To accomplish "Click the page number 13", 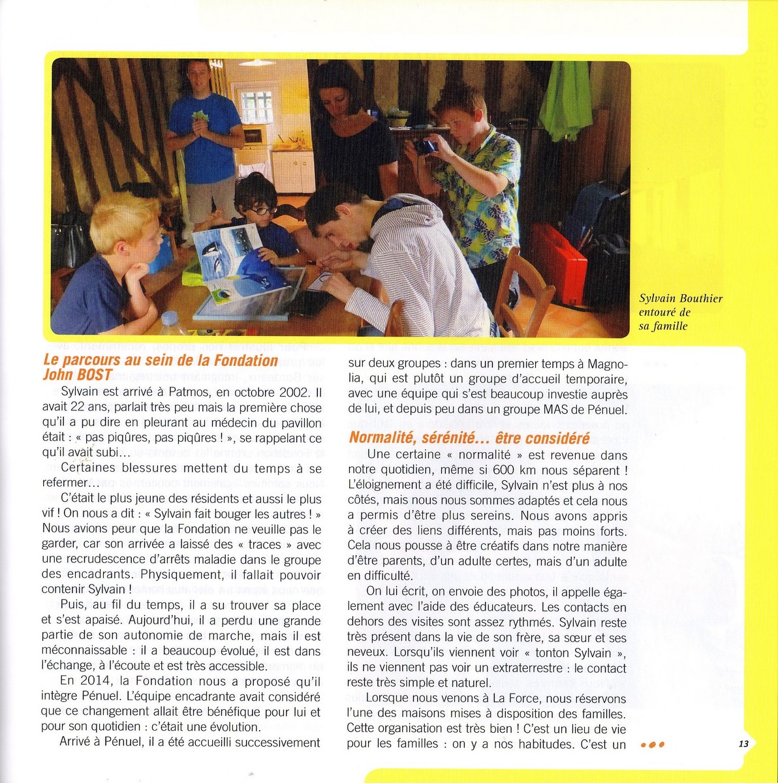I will click(x=743, y=744).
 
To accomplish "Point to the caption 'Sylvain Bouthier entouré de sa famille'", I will click(x=681, y=312).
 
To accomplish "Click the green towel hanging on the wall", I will click(x=565, y=100).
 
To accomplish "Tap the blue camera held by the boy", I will click(x=425, y=146).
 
